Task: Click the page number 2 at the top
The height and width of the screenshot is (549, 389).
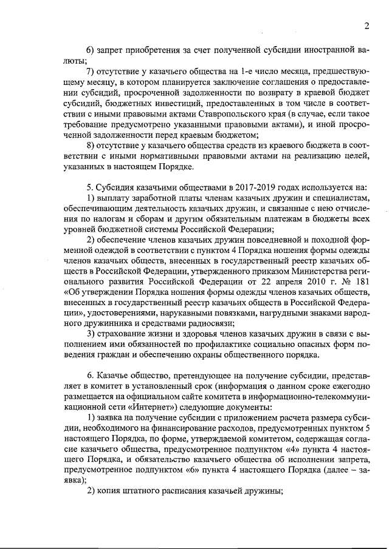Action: [x=367, y=25]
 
